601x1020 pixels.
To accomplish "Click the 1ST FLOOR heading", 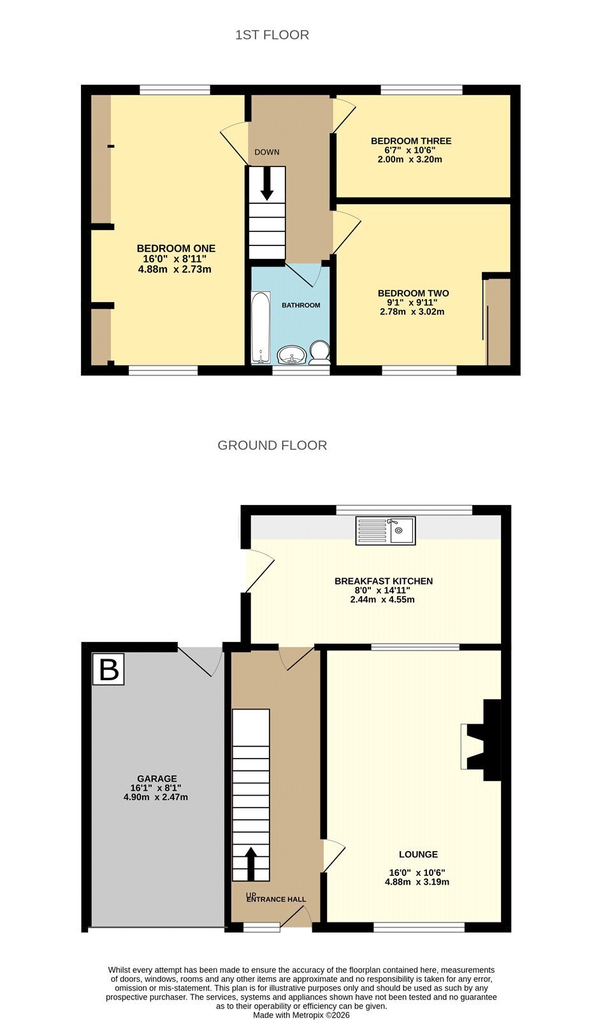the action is pyautogui.click(x=272, y=35).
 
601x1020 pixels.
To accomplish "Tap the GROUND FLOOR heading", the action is pyautogui.click(x=272, y=446).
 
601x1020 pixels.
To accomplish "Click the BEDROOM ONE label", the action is pyautogui.click(x=176, y=249).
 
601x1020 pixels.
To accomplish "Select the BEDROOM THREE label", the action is pyautogui.click(x=410, y=141).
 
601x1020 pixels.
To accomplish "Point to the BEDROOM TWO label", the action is pyautogui.click(x=413, y=294).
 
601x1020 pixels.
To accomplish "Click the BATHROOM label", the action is pyautogui.click(x=301, y=305).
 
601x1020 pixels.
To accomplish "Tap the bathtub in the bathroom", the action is pyautogui.click(x=261, y=328).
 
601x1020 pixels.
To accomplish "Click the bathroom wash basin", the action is pyautogui.click(x=291, y=355).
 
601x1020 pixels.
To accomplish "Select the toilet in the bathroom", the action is pyautogui.click(x=320, y=353).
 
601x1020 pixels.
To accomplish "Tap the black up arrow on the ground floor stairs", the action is pyautogui.click(x=251, y=863).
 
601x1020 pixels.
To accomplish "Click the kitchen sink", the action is pyautogui.click(x=385, y=530).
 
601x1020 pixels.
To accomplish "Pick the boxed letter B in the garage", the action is pyautogui.click(x=108, y=669).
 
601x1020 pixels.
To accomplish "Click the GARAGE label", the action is pyautogui.click(x=157, y=778).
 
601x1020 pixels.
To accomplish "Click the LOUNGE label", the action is pyautogui.click(x=419, y=855).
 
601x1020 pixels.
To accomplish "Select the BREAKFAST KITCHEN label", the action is pyautogui.click(x=384, y=581).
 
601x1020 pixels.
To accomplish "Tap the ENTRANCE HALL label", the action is pyautogui.click(x=276, y=900).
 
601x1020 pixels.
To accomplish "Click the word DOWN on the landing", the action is pyautogui.click(x=267, y=152).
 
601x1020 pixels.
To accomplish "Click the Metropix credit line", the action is pyautogui.click(x=301, y=1015).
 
